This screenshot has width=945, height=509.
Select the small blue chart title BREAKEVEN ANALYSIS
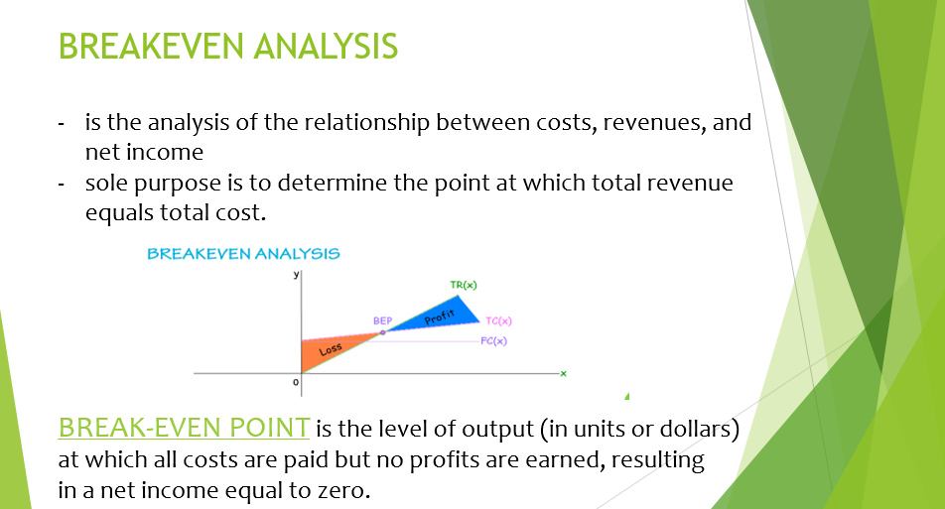[x=243, y=254]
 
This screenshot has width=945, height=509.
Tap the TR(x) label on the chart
[x=464, y=285]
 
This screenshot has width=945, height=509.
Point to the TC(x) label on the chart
[x=498, y=321]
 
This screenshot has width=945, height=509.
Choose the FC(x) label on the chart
[x=493, y=340]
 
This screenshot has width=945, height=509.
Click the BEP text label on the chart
[x=382, y=321]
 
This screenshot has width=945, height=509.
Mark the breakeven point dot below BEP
[x=382, y=333]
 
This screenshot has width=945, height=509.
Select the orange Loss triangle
[x=324, y=352]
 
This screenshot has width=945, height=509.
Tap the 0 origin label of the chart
[x=295, y=382]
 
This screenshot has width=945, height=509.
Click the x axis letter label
[x=561, y=373]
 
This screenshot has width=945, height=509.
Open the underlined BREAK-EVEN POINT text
[x=184, y=428]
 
